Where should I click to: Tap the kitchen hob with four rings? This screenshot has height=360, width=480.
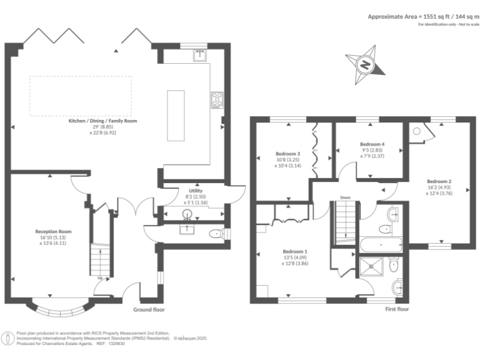coord(217,99)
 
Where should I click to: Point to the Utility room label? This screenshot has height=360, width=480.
coord(196,191)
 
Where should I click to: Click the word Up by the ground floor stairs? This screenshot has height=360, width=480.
coord(100,278)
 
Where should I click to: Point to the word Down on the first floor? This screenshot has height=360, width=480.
coord(346,198)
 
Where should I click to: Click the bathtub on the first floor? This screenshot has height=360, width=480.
coord(381,244)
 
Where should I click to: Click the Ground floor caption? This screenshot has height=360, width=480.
coord(149,309)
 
